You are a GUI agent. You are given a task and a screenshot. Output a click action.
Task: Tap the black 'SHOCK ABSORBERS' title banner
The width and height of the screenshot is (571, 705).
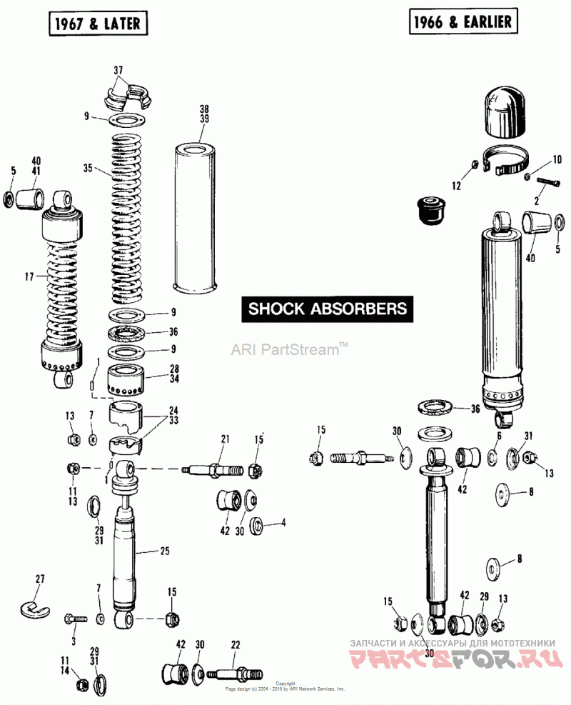click(x=328, y=309)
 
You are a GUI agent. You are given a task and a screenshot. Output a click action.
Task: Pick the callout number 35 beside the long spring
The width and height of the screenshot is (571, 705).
click(x=88, y=169)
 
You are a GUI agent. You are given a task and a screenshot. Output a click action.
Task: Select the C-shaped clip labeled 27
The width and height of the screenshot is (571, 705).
click(x=33, y=604)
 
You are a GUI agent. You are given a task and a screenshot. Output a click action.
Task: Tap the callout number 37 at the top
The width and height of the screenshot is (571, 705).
click(x=118, y=70)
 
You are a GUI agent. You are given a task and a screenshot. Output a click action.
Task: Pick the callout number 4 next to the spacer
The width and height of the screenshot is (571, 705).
click(x=283, y=523)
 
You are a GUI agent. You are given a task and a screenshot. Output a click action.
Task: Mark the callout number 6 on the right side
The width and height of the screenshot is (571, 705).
click(x=499, y=435)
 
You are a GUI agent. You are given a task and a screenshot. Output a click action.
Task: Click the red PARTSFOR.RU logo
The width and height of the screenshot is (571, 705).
click(x=457, y=660)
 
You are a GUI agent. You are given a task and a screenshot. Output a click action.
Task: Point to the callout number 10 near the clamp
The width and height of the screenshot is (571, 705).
click(x=557, y=159)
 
